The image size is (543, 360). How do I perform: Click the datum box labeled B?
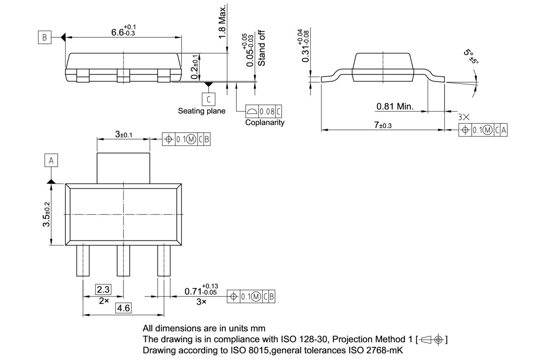coord(44,38)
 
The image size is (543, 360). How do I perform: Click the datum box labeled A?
coord(51,161)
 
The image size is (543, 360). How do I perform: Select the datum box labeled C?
coord(208,99)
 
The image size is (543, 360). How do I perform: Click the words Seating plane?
coord(202,111)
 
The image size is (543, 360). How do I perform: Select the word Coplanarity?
coord(265,123)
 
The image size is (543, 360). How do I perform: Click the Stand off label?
coord(262,48)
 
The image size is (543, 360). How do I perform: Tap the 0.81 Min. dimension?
coord(395,106)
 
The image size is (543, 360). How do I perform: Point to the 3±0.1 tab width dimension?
coord(123,134)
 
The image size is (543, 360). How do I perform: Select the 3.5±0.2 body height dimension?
coord(46,214)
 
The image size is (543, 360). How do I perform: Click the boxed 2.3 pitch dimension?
coord(103,290)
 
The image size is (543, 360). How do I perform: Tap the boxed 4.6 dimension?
coord(123,308)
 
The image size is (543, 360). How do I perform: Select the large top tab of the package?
coord(123,168)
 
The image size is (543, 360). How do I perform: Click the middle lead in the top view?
coord(123,261)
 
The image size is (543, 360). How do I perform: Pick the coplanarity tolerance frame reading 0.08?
coord(263,112)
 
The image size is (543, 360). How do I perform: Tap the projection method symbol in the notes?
coord(432,340)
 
